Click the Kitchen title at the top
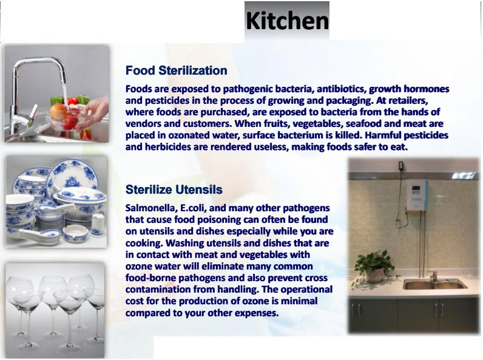(287, 21)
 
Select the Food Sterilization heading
(176, 70)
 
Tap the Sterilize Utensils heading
(174, 189)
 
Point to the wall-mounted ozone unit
(417, 195)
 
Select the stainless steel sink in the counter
(435, 284)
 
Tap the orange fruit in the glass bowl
(58, 111)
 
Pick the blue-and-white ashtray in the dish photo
(75, 233)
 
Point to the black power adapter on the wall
(400, 166)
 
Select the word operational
(306, 290)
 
